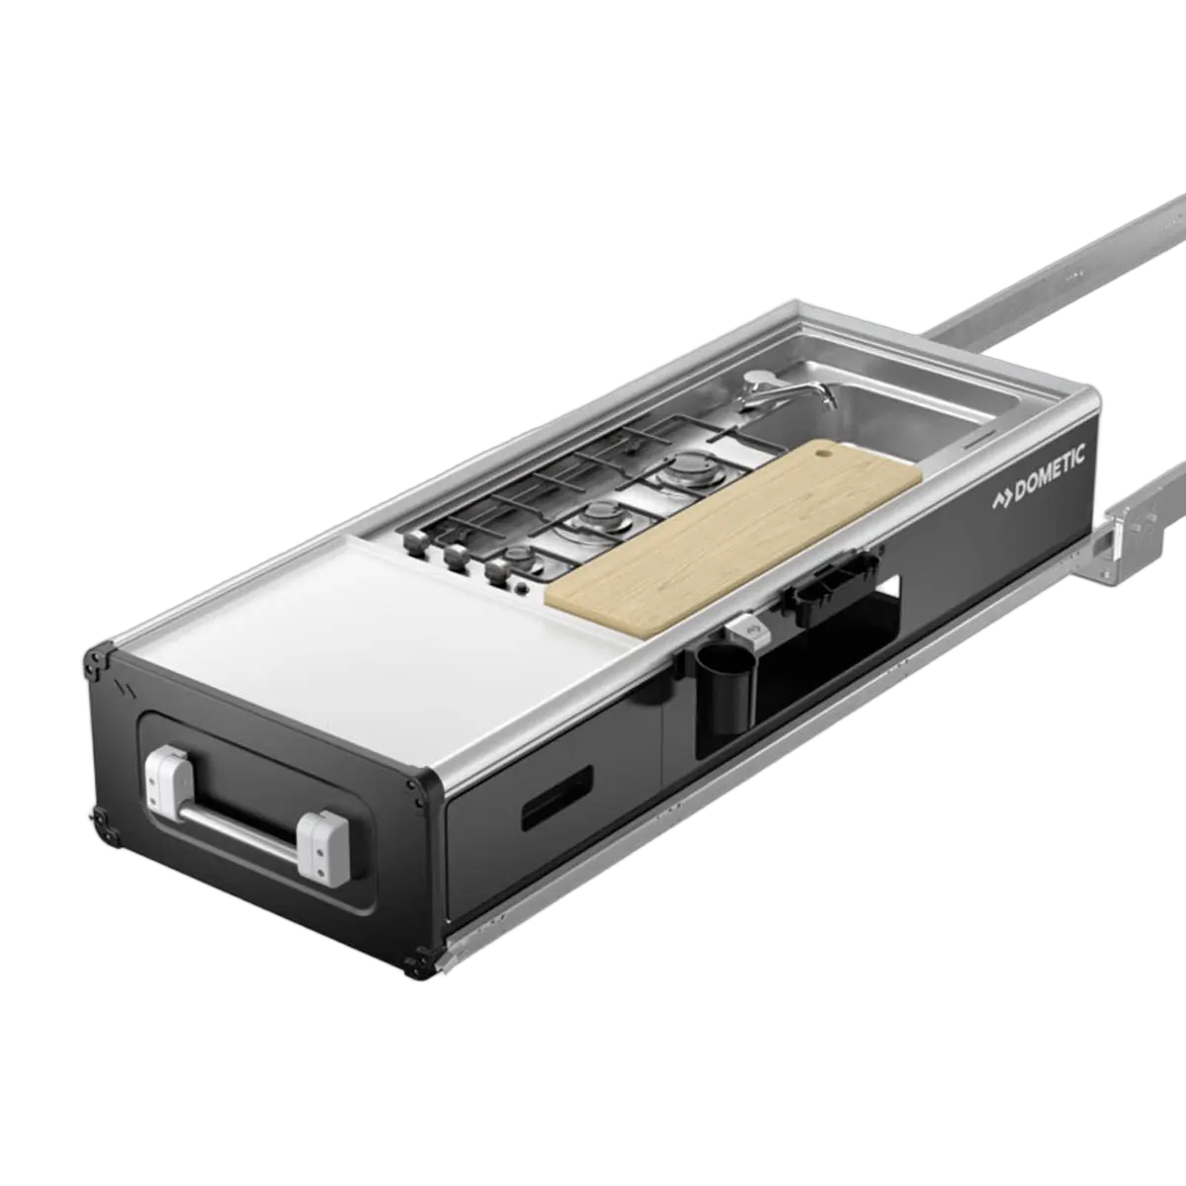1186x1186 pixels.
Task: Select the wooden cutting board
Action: point(733,537)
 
